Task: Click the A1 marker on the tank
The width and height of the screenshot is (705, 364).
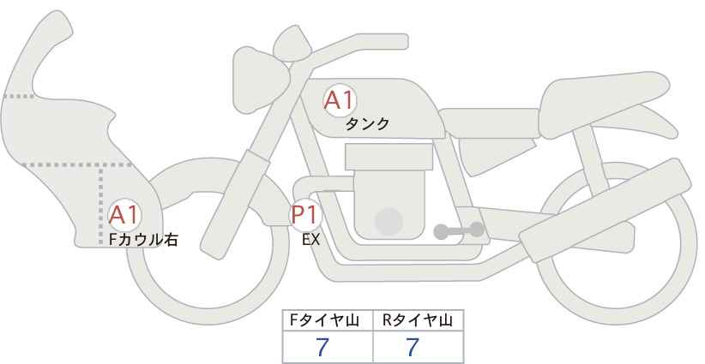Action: pos(340,100)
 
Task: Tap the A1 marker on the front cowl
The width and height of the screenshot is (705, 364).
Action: pos(124,216)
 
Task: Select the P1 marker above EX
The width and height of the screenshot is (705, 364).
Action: pos(305,214)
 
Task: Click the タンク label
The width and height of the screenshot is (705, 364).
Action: pos(367,124)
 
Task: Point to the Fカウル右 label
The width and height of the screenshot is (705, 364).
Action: pos(143,240)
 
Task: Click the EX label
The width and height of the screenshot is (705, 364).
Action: pos(310,240)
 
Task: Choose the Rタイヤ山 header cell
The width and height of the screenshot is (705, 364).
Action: pos(419,320)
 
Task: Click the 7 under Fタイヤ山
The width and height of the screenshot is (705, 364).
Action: pos(322,347)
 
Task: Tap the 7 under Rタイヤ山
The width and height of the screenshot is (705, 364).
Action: pos(413,347)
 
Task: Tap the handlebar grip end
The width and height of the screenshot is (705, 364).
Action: pos(401,42)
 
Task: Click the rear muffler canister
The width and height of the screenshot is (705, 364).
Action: pos(606,210)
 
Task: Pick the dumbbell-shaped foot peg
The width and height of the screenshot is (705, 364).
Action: pos(459,230)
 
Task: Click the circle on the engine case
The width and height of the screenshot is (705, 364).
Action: pos(389,221)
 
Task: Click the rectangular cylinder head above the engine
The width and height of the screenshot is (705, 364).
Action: pos(389,157)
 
